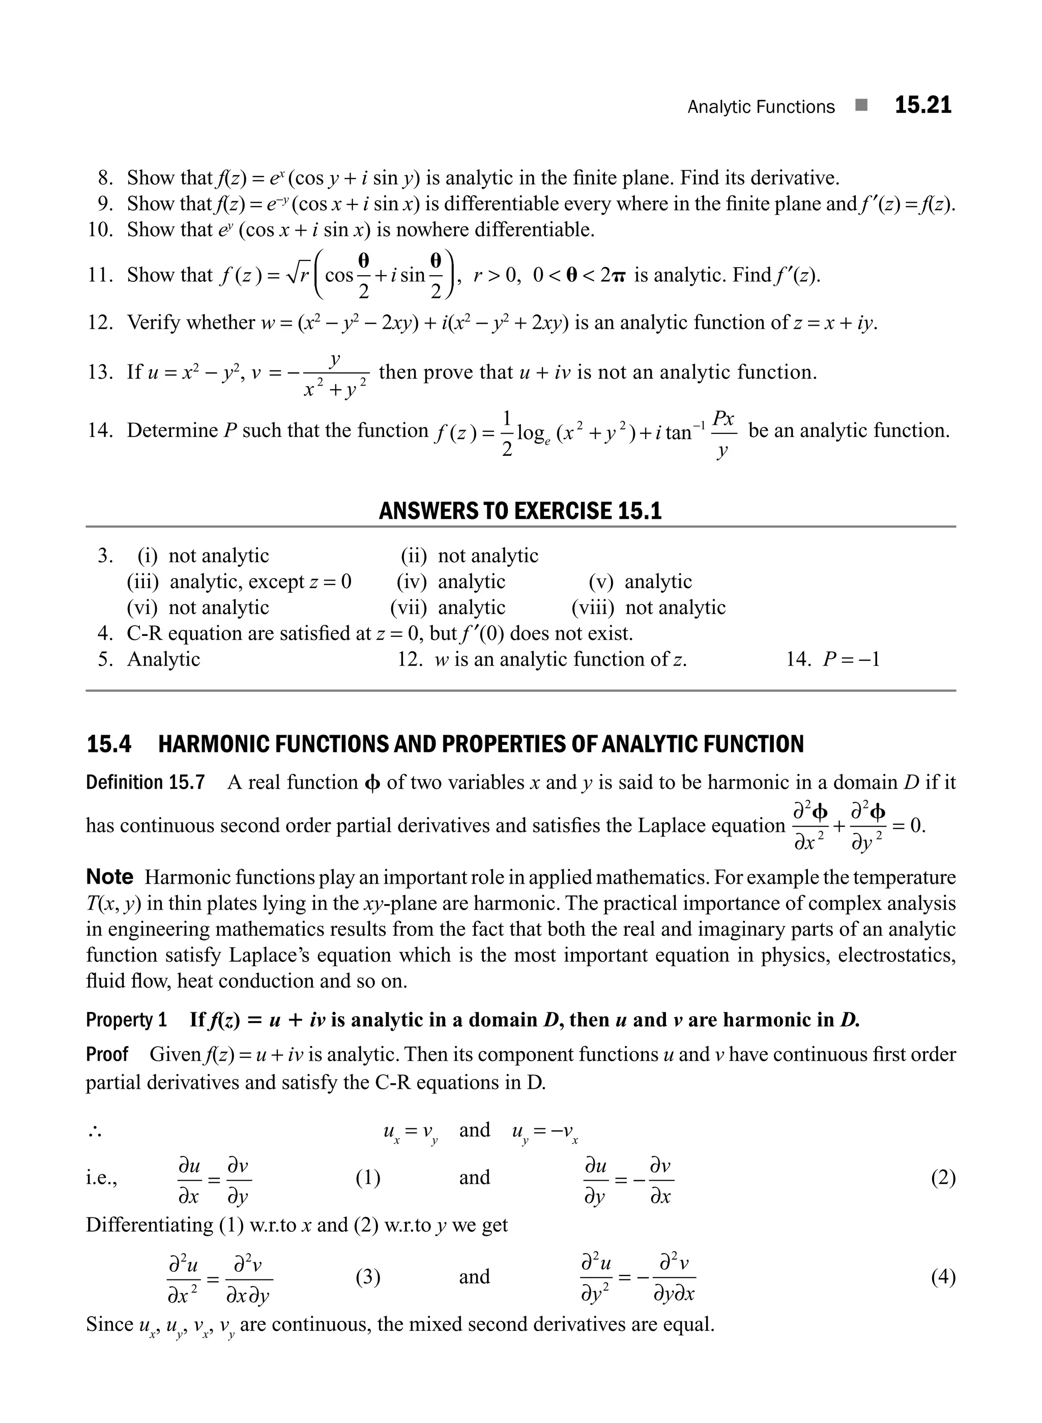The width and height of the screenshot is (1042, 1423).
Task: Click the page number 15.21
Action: click(923, 105)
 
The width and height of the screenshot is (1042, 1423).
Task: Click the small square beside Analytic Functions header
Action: click(861, 105)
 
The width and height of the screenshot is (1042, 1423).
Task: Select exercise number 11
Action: click(100, 275)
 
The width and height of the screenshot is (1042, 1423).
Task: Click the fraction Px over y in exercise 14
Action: click(723, 434)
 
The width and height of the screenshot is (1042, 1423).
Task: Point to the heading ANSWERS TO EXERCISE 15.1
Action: click(520, 510)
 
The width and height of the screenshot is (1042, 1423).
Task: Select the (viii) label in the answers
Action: click(592, 607)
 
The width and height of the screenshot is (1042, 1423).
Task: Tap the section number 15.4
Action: click(108, 744)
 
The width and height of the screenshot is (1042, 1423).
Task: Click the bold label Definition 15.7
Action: click(145, 783)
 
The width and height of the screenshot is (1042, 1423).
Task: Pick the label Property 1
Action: click(126, 1020)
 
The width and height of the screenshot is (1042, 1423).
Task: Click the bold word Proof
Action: click(107, 1054)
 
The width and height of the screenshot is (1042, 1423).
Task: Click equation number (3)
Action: click(368, 1277)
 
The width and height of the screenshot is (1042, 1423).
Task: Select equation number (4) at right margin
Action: click(943, 1277)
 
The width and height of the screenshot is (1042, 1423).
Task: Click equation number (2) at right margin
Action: click(943, 1178)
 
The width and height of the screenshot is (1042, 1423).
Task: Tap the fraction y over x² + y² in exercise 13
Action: click(334, 376)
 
